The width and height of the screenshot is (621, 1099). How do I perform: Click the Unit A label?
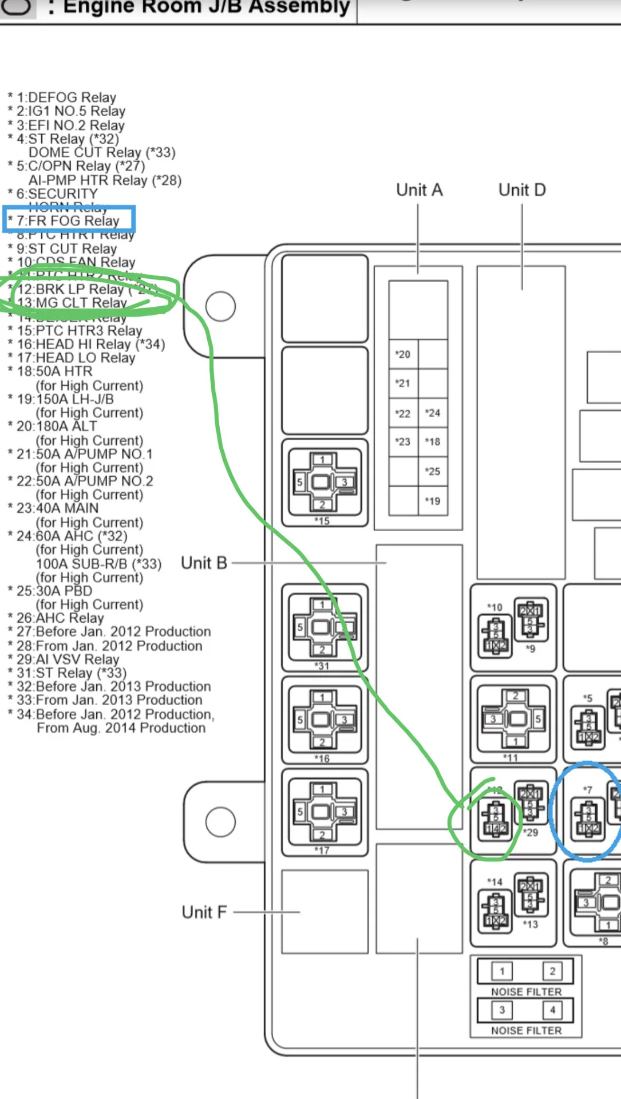click(x=419, y=190)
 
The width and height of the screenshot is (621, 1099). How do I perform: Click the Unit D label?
click(x=522, y=190)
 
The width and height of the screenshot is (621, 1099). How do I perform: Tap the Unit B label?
click(x=204, y=563)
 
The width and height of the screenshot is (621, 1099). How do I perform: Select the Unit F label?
click(x=204, y=912)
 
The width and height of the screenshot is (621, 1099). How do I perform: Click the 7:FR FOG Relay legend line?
click(x=68, y=220)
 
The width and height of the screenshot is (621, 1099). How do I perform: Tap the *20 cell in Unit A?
click(x=403, y=354)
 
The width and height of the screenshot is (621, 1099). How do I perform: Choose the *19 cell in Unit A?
click(x=433, y=501)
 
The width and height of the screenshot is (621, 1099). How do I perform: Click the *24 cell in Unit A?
click(x=433, y=413)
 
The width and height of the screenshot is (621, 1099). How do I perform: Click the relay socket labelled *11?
click(x=513, y=718)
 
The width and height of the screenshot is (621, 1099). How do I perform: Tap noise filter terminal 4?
click(x=552, y=1010)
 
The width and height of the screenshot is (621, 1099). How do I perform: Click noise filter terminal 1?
click(x=502, y=971)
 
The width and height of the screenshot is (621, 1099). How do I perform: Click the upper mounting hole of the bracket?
click(x=220, y=306)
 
